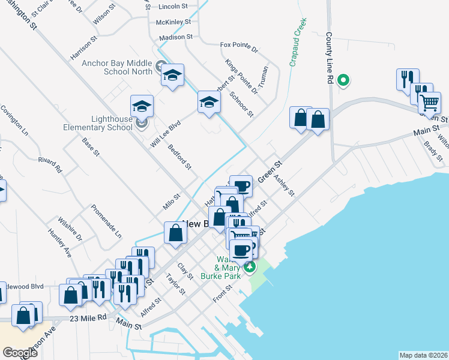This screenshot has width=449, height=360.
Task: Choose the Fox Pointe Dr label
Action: click(x=238, y=46)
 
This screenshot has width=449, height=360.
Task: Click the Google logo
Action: click(x=20, y=353)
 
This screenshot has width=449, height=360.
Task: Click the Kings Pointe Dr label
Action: click(x=241, y=76)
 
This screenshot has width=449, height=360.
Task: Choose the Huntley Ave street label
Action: click(x=61, y=244)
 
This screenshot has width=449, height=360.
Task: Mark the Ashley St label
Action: click(x=284, y=185)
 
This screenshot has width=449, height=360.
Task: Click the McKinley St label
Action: click(x=173, y=22)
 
